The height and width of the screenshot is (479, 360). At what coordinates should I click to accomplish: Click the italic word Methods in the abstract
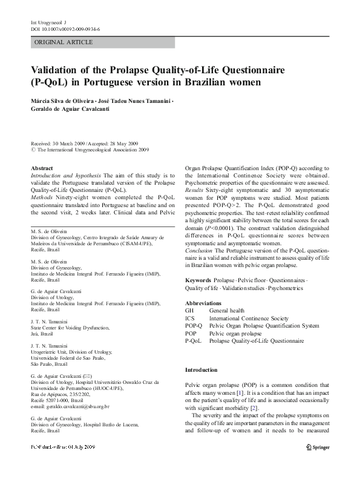42,197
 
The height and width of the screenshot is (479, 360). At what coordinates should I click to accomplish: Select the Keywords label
198,282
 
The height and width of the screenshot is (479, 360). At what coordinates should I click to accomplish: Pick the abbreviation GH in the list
189,310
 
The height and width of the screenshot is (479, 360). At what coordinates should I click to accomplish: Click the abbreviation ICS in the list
190,318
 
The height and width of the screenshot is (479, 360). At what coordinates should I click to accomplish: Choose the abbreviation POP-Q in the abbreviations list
194,326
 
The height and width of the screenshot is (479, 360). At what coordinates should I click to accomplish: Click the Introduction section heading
201,370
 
